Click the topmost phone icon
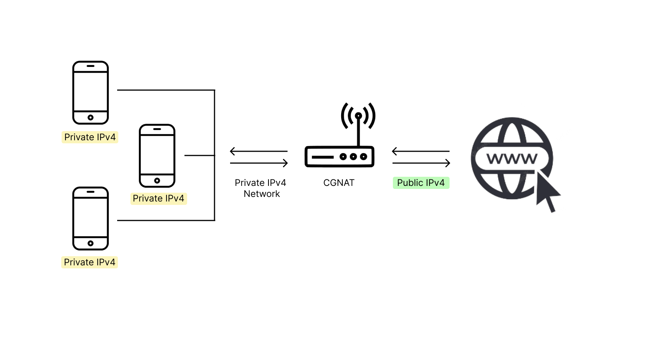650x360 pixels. coord(91,92)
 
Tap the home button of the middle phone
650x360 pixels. coord(157,181)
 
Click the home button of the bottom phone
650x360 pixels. coord(91,243)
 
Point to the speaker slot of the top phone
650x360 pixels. coord(91,66)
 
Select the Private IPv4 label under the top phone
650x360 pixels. coord(90,137)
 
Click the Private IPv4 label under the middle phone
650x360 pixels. coord(159,198)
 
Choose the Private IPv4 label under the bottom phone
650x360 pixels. coord(89,262)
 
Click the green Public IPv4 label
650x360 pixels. coord(421,183)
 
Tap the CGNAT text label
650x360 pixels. coord(339,183)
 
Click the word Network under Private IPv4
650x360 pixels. coord(262,194)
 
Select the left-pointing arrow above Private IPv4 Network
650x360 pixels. coord(259,151)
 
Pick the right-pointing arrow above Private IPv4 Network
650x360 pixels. coord(259,163)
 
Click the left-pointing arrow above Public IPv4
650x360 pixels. coord(421,151)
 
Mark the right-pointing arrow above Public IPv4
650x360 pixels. coord(421,163)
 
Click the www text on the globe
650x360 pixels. coord(512,159)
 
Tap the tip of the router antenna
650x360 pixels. coord(359,116)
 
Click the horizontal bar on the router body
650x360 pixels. coord(323,157)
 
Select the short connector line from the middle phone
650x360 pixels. coord(200,155)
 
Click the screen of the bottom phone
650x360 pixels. coord(91,217)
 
